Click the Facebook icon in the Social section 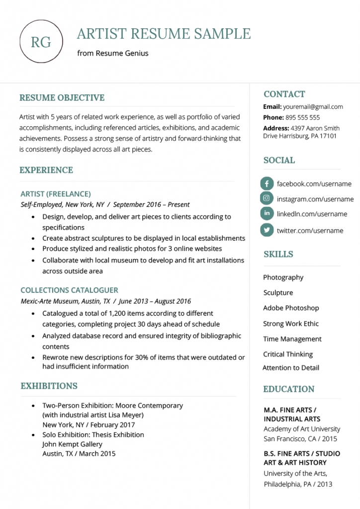tap(267, 183)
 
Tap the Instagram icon tap(267, 199)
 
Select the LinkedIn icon tap(267, 214)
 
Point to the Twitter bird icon tap(267, 230)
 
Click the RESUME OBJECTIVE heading tap(62, 98)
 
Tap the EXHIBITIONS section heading tap(49, 386)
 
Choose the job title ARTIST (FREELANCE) tap(56, 194)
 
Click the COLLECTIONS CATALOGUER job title tap(69, 290)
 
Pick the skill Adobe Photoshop tap(291, 308)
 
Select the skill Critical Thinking tap(288, 354)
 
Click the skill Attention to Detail tap(291, 368)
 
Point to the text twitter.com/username tap(310, 231)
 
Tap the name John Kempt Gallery tap(72, 444)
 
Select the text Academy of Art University tap(302, 429)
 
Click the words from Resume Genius tap(112, 53)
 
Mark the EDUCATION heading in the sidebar tap(289, 389)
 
